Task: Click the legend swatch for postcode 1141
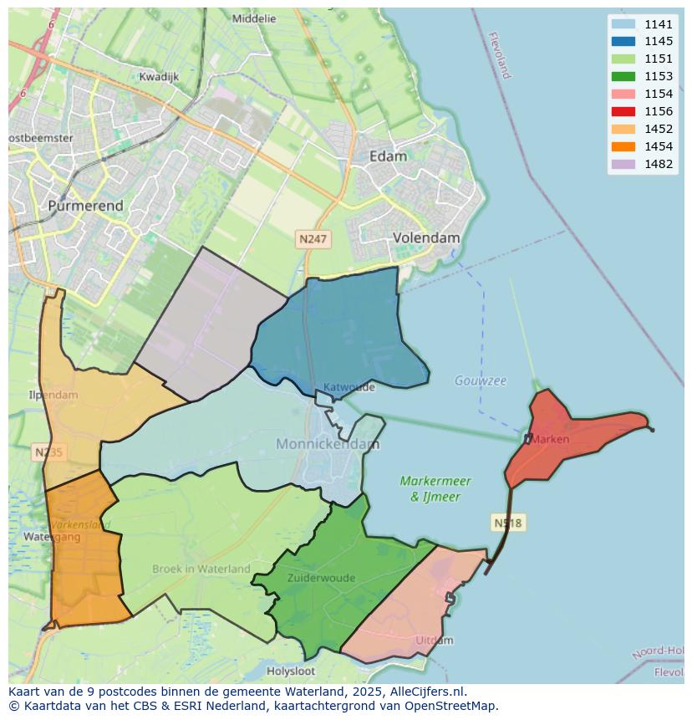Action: pyautogui.click(x=623, y=24)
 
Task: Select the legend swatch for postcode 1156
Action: pyautogui.click(x=623, y=111)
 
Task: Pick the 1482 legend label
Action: pyautogui.click(x=659, y=164)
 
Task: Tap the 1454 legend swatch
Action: pyautogui.click(x=623, y=146)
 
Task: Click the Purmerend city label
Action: pyautogui.click(x=85, y=206)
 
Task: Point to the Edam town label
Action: pyautogui.click(x=388, y=156)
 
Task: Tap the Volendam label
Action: pyautogui.click(x=426, y=237)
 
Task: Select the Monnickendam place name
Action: pyautogui.click(x=328, y=444)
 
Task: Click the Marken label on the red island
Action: pyautogui.click(x=549, y=439)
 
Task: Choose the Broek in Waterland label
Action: pyautogui.click(x=201, y=569)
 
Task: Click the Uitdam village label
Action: pyautogui.click(x=435, y=641)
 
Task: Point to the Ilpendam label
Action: pyautogui.click(x=53, y=395)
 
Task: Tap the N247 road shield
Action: pyautogui.click(x=313, y=239)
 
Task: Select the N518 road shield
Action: pyautogui.click(x=507, y=523)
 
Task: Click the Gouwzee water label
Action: pyautogui.click(x=481, y=380)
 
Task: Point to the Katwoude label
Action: pyautogui.click(x=349, y=387)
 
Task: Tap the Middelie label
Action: pyautogui.click(x=254, y=18)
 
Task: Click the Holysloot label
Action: pyautogui.click(x=291, y=671)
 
